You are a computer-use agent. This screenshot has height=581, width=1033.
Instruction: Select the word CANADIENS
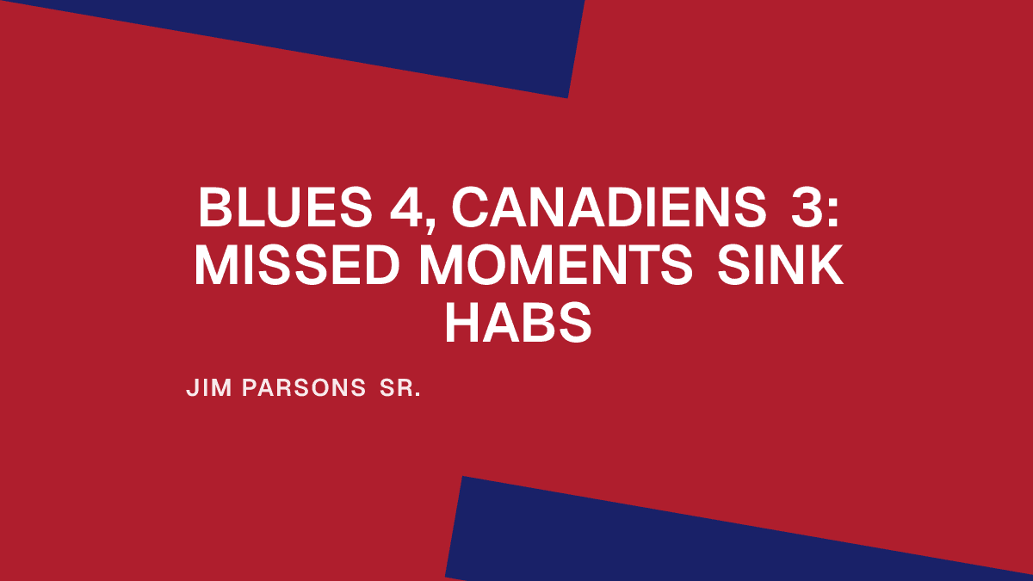tap(608, 208)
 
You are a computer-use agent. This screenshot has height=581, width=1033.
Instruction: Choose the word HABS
tap(518, 325)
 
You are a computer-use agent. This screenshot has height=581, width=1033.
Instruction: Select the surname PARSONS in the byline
tap(305, 388)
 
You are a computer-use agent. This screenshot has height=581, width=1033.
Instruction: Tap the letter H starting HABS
tap(461, 325)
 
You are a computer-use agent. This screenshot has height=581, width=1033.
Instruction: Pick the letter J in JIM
tap(191, 388)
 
